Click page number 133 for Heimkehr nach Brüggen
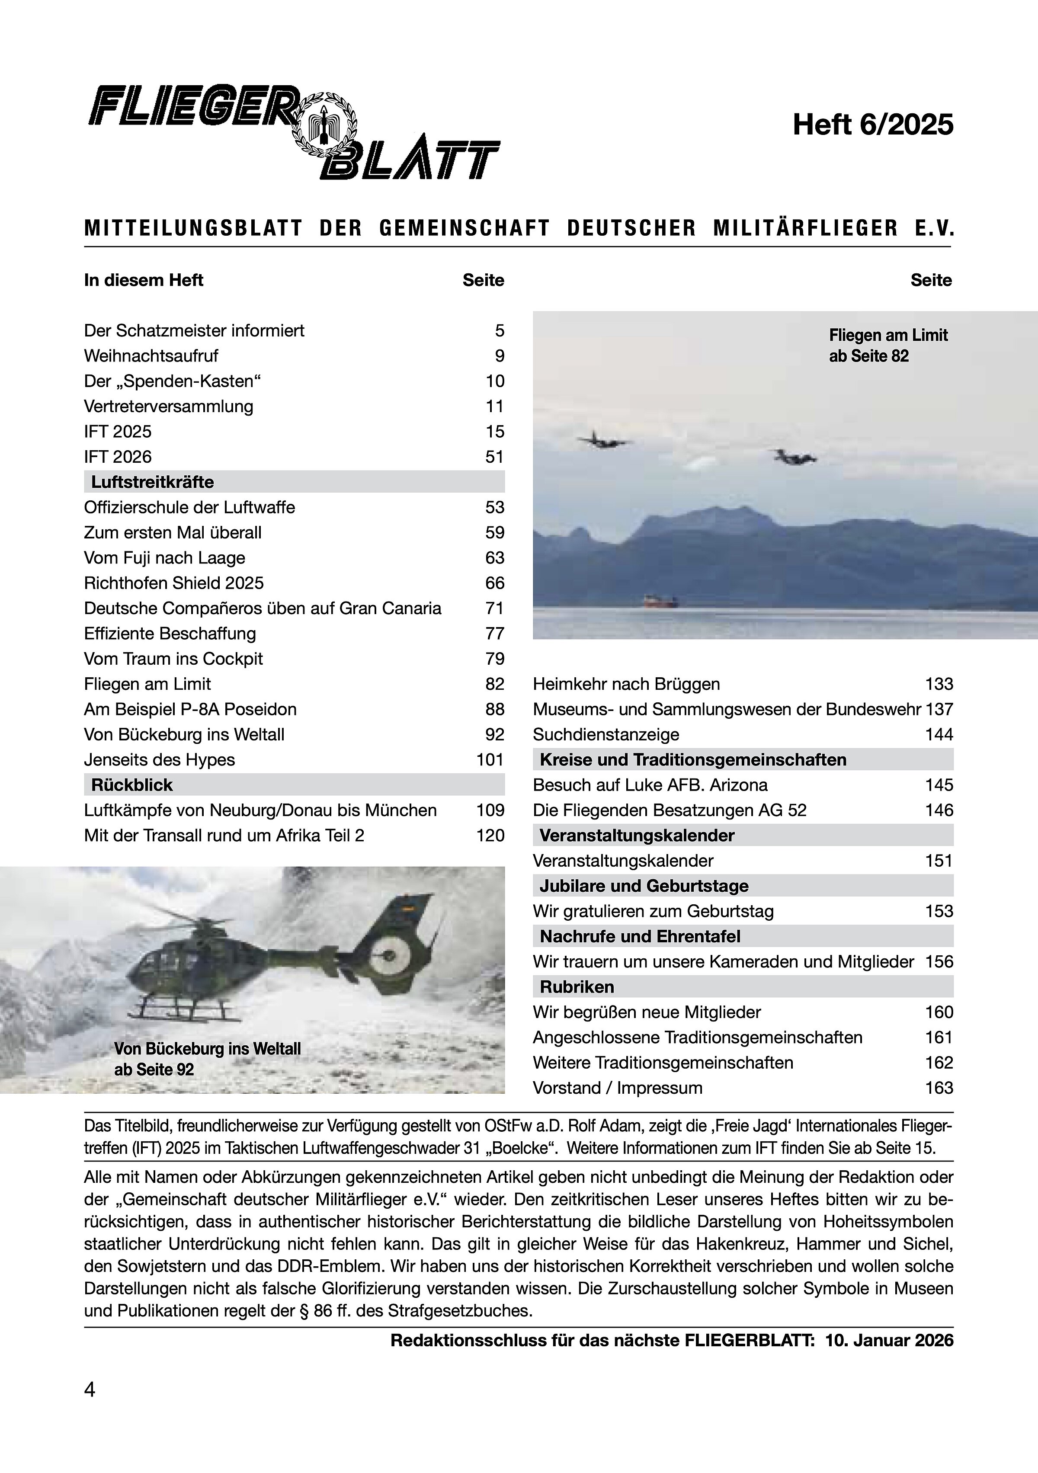pos(939,684)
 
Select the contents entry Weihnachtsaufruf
pos(151,356)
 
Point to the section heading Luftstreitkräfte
pos(153,482)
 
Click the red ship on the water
pos(661,601)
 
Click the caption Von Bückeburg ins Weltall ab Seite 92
pos(207,1059)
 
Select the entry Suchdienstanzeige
pos(605,735)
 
